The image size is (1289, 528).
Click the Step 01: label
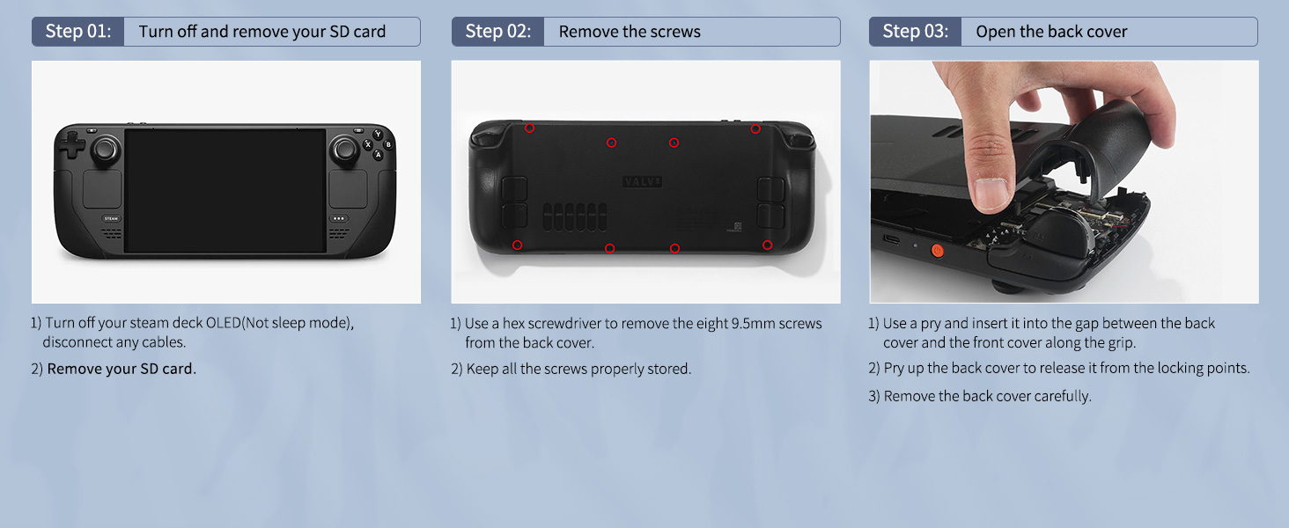point(78,31)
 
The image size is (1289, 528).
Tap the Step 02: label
point(498,31)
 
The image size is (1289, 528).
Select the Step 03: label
point(916,31)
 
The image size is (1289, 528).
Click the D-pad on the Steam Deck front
point(72,143)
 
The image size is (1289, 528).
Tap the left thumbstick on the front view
point(105,149)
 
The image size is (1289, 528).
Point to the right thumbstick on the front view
point(344,149)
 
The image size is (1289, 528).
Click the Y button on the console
point(378,134)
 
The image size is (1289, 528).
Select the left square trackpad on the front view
point(102,188)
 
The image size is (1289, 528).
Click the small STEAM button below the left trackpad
point(111,218)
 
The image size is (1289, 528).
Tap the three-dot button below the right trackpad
point(338,218)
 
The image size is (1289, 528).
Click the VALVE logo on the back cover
point(642,182)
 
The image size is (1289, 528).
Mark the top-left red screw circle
point(529,128)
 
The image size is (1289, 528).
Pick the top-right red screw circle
point(755,128)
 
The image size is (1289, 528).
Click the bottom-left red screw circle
point(518,245)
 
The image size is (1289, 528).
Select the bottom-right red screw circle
point(767,245)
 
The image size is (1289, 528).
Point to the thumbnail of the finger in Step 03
point(991,194)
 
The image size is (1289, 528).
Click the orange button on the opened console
point(938,251)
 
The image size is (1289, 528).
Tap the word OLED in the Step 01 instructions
point(224,323)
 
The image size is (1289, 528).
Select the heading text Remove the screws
point(630,32)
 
